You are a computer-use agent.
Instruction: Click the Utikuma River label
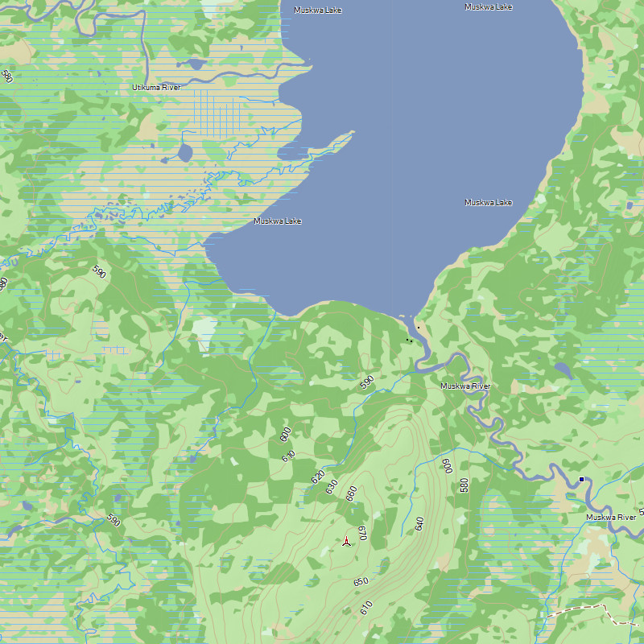coord(156,87)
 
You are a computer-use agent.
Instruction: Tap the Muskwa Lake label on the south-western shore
coord(277,221)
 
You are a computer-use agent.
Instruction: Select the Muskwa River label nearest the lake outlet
coord(464,386)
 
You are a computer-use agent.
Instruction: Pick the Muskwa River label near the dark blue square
coord(610,518)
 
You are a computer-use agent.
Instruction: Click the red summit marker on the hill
coord(346,542)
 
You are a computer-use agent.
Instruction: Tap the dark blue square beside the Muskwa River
coord(581,480)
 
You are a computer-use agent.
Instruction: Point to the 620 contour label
coord(318,476)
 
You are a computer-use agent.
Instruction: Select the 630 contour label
coord(331,486)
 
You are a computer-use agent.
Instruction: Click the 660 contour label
coord(351,493)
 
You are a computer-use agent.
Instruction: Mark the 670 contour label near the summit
coord(362,532)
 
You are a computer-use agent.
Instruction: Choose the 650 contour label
coord(361,581)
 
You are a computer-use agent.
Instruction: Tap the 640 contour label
coord(419,523)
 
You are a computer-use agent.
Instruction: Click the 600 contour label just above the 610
coord(284,435)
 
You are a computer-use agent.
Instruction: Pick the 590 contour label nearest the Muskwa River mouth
coord(367,382)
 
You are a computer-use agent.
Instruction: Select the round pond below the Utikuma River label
coord(185,152)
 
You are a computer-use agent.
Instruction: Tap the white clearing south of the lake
coord(204,330)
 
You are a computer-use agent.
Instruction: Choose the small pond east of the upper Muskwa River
coord(563,369)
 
